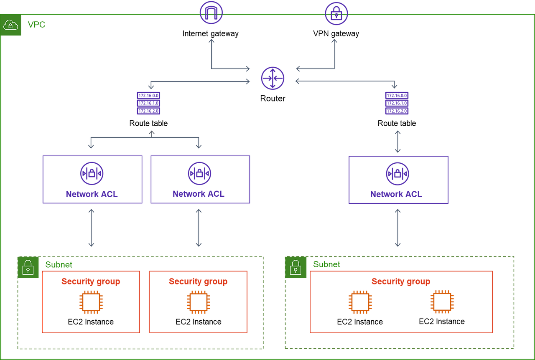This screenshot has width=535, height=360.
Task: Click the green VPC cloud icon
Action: [x=11, y=25]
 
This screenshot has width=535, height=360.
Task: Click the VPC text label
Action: [x=36, y=25]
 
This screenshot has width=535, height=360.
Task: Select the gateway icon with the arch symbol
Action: [x=211, y=13]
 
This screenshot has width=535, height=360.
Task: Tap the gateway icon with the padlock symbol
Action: [x=336, y=13]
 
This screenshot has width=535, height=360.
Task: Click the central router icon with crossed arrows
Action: [x=273, y=78]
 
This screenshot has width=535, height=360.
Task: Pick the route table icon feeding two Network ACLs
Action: [x=148, y=103]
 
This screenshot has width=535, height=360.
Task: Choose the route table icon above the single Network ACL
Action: [x=397, y=103]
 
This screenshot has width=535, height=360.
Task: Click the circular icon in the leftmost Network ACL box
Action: [x=92, y=173]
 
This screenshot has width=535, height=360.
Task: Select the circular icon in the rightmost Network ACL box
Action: [x=397, y=173]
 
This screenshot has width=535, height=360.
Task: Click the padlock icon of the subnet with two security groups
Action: [x=28, y=267]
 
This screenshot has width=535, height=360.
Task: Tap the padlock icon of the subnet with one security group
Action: [x=296, y=267]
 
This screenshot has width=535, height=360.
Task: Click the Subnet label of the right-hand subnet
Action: [x=326, y=264]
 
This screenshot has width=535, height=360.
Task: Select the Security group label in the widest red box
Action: [x=400, y=282]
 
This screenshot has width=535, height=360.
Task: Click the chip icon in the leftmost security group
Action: [x=91, y=302]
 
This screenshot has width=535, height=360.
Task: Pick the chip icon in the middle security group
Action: [x=199, y=302]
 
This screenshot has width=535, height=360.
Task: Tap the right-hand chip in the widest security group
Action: [x=442, y=302]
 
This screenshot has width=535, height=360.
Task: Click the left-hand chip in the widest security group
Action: [x=360, y=302]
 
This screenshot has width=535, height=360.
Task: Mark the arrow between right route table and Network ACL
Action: [x=397, y=142]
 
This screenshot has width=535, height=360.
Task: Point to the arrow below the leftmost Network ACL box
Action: [x=91, y=228]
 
